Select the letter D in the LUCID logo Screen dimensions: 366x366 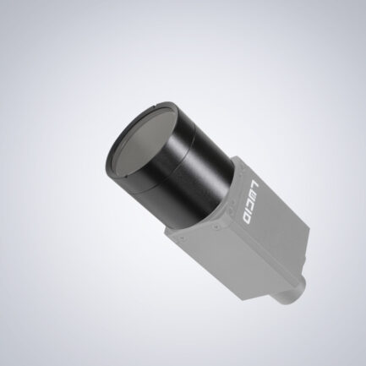pos(246,217)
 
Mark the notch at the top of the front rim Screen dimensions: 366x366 pos(155,107)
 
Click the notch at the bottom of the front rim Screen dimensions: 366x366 pos(126,178)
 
